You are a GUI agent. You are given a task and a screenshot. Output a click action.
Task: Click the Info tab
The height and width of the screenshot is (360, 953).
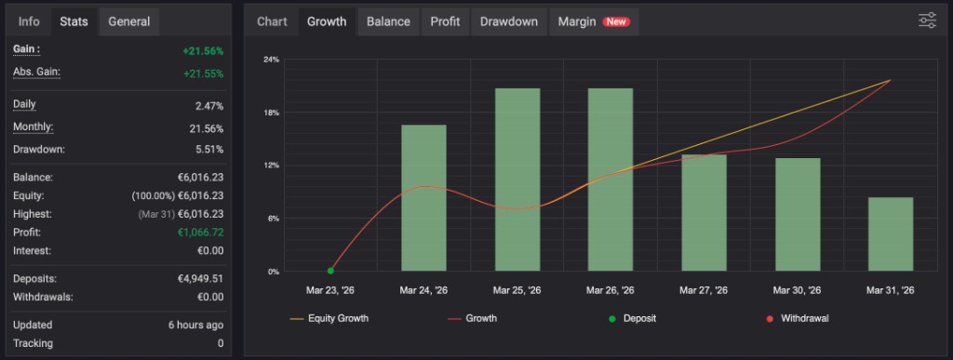pyautogui.click(x=29, y=21)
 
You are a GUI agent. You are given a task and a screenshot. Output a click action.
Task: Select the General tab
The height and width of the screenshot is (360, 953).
pyautogui.click(x=129, y=21)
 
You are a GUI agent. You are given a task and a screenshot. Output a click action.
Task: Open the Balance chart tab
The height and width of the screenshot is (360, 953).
pyautogui.click(x=388, y=21)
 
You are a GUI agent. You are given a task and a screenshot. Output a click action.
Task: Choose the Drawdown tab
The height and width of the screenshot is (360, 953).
pyautogui.click(x=508, y=21)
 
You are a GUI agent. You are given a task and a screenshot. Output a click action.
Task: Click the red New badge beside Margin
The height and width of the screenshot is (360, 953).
pyautogui.click(x=615, y=21)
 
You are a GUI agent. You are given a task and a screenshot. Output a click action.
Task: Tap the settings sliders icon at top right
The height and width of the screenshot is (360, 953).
pyautogui.click(x=927, y=20)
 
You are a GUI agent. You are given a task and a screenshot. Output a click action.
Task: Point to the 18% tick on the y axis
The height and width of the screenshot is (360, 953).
pyautogui.click(x=272, y=113)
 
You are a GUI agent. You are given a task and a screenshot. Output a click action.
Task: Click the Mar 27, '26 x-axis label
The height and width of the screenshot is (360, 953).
pyautogui.click(x=704, y=290)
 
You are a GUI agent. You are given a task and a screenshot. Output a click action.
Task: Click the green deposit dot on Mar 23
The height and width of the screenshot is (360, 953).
pyautogui.click(x=330, y=271)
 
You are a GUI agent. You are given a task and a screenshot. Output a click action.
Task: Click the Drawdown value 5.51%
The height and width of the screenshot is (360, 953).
pyautogui.click(x=205, y=149)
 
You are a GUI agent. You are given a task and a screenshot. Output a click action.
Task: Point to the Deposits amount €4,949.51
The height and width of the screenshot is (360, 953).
pyautogui.click(x=195, y=278)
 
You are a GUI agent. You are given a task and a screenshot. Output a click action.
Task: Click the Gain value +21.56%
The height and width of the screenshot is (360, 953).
pyautogui.click(x=203, y=50)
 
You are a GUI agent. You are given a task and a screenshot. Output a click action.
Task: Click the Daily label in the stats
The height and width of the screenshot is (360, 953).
pyautogui.click(x=24, y=104)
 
